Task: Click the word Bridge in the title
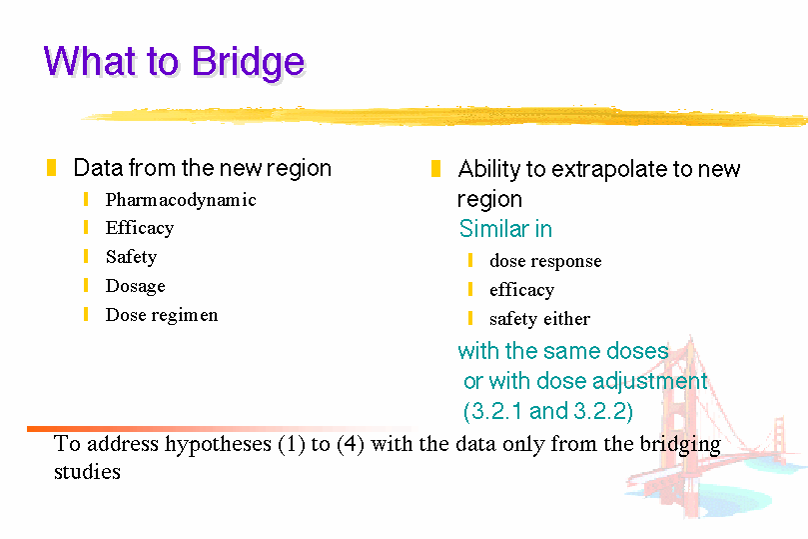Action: (249, 63)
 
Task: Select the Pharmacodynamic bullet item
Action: (181, 200)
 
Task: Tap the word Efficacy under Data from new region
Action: (140, 228)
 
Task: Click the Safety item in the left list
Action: (131, 257)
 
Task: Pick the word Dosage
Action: (136, 286)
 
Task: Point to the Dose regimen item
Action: (162, 315)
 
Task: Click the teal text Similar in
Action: (505, 228)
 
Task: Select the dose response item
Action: (545, 261)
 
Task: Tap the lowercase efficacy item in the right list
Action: (522, 290)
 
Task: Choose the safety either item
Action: (540, 319)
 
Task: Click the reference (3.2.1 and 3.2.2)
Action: (547, 411)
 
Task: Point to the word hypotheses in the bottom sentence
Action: (218, 444)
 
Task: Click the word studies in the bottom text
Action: (87, 471)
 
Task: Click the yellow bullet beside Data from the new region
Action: (51, 168)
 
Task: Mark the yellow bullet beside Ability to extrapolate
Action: (435, 169)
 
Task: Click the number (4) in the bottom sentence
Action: (351, 444)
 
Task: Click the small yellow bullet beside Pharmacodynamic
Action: (86, 199)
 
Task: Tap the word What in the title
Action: (86, 62)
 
